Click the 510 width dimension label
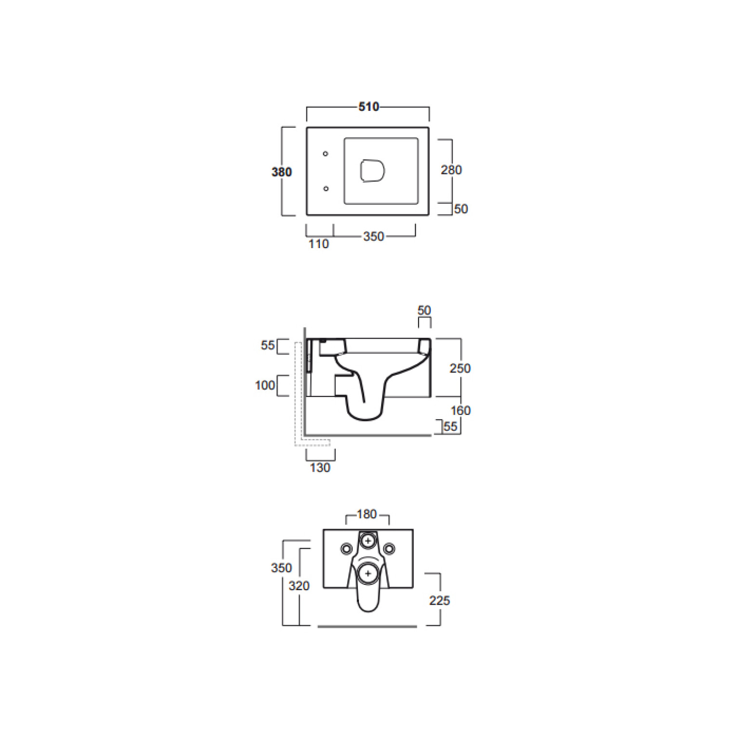click(369, 106)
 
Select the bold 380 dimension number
click(282, 172)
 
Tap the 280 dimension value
click(451, 170)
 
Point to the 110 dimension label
click(318, 244)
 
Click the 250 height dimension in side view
click(460, 368)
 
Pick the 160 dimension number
click(461, 410)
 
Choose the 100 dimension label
click(265, 385)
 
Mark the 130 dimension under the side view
click(320, 467)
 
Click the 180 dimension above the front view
click(367, 514)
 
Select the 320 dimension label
click(299, 586)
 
